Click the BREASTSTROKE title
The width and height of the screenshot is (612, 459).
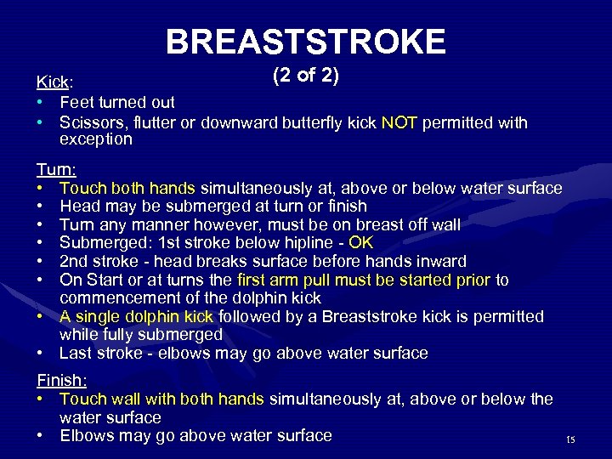(x=305, y=41)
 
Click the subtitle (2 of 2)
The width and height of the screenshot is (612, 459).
(x=306, y=76)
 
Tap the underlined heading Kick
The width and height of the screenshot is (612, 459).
(x=53, y=82)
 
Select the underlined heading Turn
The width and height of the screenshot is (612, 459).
(x=54, y=169)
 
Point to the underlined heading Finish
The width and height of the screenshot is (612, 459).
(x=59, y=380)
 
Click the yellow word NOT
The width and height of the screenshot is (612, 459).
(x=399, y=123)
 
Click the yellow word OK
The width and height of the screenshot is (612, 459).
(x=361, y=242)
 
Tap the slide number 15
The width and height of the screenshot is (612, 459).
(x=570, y=439)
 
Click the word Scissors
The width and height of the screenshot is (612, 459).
(x=90, y=123)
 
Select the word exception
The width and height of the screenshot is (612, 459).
(x=95, y=139)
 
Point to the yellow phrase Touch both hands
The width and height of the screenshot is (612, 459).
(x=127, y=188)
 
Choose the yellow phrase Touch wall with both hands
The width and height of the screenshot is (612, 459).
(x=162, y=399)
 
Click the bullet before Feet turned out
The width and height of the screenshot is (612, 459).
(x=40, y=103)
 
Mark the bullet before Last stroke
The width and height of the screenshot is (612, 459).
(x=40, y=353)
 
